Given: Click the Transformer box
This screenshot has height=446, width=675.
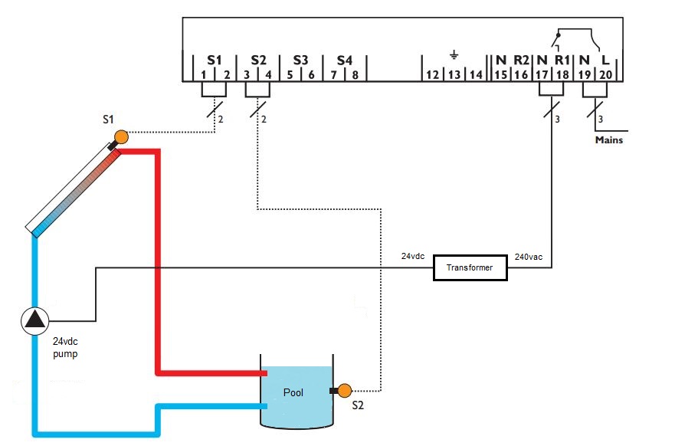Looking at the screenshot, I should pyautogui.click(x=470, y=268).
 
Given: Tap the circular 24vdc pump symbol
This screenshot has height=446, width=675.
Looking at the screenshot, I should pyautogui.click(x=34, y=320).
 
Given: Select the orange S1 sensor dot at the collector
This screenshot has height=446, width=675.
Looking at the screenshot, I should pyautogui.click(x=120, y=138).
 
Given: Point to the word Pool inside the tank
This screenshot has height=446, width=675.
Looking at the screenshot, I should pyautogui.click(x=293, y=393).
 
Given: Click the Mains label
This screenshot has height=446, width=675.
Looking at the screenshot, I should pyautogui.click(x=609, y=140).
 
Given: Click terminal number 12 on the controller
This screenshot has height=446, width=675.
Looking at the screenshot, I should pyautogui.click(x=432, y=74).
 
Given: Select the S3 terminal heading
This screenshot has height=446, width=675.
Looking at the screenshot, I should pyautogui.click(x=300, y=59).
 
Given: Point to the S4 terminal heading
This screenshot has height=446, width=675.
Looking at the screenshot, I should pyautogui.click(x=344, y=59).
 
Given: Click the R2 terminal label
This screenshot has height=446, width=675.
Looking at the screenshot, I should pyautogui.click(x=522, y=59).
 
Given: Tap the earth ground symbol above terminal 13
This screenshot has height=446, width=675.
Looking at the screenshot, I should pyautogui.click(x=454, y=54).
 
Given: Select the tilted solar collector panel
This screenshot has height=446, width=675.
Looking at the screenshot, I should pyautogui.click(x=73, y=191).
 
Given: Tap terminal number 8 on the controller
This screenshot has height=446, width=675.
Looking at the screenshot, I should pyautogui.click(x=356, y=74).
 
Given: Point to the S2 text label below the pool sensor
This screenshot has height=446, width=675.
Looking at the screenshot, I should pyautogui.click(x=357, y=406).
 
